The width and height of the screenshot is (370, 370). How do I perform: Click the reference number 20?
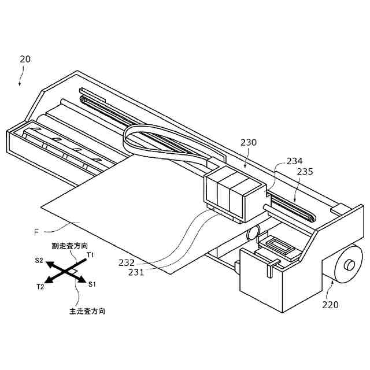coord(25,59)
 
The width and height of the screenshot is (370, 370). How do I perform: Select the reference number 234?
coord(295,161)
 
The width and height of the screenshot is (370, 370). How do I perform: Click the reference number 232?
coord(127,262)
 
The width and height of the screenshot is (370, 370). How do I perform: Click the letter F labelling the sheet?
coord(36,232)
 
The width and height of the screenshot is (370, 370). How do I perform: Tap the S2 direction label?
coord(38,261)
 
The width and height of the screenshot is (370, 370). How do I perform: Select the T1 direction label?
coord(91,254)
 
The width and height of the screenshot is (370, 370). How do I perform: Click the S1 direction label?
coord(92,284)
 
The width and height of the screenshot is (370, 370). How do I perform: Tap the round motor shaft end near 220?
coord(349,265)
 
